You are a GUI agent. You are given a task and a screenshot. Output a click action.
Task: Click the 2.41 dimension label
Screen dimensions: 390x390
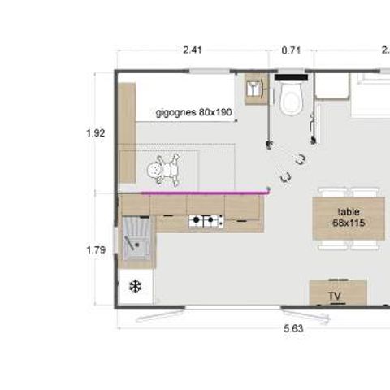pyautogui.click(x=193, y=50)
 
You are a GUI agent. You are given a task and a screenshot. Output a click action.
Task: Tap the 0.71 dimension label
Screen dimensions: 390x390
pyautogui.click(x=291, y=50)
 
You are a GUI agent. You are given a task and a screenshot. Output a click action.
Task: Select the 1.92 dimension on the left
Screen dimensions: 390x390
pyautogui.click(x=95, y=133)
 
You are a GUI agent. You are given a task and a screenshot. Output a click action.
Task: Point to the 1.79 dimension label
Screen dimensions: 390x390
pyautogui.click(x=95, y=250)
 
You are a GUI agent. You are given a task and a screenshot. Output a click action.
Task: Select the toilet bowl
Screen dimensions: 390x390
pyautogui.click(x=289, y=101)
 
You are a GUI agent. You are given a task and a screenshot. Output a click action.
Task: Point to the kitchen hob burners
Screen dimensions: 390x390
pyautogui.click(x=206, y=220)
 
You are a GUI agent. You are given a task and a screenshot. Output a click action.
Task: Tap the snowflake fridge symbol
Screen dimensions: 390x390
pyautogui.click(x=135, y=287)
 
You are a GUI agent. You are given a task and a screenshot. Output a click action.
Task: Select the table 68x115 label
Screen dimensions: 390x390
pyautogui.click(x=348, y=216)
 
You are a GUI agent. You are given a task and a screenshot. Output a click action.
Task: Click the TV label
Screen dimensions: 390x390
pyautogui.click(x=334, y=297)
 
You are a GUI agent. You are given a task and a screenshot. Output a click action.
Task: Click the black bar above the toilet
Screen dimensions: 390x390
pyautogui.click(x=289, y=78)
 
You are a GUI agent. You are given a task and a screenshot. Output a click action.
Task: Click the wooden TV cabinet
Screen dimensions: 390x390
pyautogui.click(x=338, y=292)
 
